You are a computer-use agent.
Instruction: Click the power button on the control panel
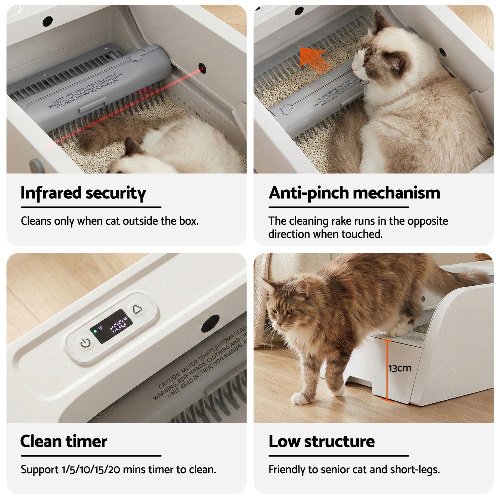click(x=85, y=343)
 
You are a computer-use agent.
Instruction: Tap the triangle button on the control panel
click(x=137, y=309)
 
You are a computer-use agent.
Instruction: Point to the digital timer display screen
click(x=111, y=326)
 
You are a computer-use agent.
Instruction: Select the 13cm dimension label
click(x=399, y=368)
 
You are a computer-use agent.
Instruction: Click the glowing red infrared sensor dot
click(x=202, y=69)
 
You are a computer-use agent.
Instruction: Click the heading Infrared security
click(x=83, y=193)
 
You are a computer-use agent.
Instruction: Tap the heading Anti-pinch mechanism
click(x=354, y=193)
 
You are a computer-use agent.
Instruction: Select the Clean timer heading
click(x=64, y=441)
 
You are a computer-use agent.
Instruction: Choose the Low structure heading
click(x=321, y=441)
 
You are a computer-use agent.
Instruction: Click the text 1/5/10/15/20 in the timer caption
click(x=91, y=469)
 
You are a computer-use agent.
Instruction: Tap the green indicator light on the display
click(x=95, y=331)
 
